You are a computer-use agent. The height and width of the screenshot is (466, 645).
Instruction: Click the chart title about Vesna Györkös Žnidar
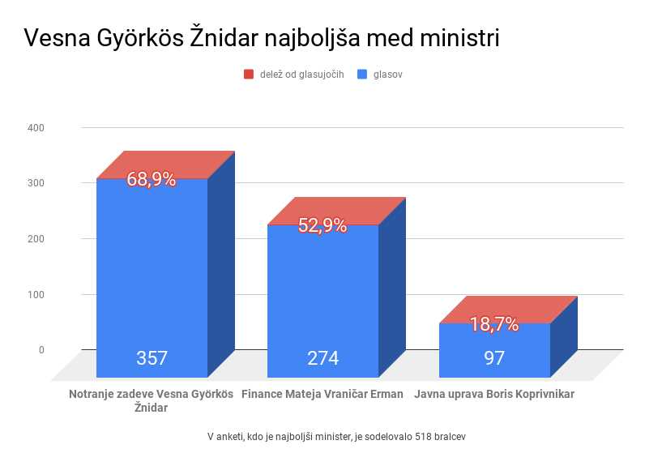coord(261,39)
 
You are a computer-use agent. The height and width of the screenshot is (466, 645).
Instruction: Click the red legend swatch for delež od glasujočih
coord(249,75)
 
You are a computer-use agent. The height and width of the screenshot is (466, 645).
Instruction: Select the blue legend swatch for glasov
coord(361,75)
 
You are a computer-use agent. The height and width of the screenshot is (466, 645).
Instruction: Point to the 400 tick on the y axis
coord(36,128)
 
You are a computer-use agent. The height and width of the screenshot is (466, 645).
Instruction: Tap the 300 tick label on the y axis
coord(36,183)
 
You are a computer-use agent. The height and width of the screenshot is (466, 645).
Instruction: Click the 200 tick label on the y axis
coord(36,239)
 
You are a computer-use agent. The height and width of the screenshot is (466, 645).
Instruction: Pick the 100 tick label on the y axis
coord(36,294)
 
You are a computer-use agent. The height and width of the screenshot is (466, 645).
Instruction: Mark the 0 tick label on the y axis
coord(41,350)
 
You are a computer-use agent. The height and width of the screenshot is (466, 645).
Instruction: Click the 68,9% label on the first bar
coord(152,180)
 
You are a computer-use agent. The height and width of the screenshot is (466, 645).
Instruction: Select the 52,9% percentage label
coord(322,226)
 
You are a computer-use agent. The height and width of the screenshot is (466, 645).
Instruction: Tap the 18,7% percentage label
coord(493,325)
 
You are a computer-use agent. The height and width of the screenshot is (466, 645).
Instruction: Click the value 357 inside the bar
coord(152,358)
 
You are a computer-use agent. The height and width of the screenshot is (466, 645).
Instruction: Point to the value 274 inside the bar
coord(322,358)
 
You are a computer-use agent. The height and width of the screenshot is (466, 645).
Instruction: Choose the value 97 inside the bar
coord(494,358)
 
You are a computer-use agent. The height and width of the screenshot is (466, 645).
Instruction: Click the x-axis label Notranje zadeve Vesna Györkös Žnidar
coord(152,401)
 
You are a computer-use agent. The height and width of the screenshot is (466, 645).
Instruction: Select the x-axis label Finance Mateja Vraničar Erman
coord(322,395)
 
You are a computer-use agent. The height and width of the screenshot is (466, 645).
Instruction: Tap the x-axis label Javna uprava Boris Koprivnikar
coord(494,395)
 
